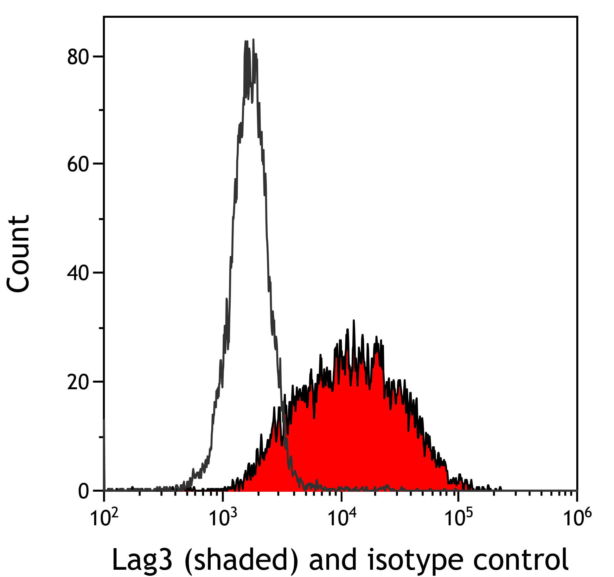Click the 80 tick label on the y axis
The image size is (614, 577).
pyautogui.click(x=77, y=57)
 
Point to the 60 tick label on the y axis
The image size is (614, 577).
pyautogui.click(x=77, y=165)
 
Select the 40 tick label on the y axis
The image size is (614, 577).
pyautogui.click(x=77, y=273)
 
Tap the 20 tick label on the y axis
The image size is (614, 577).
pyautogui.click(x=77, y=382)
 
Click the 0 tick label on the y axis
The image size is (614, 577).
pyautogui.click(x=84, y=491)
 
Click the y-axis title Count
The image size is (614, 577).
pyautogui.click(x=18, y=254)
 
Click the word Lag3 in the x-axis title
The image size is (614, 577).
pyautogui.click(x=142, y=560)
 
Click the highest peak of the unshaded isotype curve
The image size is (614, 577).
pyautogui.click(x=253, y=40)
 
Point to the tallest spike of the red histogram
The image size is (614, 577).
pyautogui.click(x=354, y=321)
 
